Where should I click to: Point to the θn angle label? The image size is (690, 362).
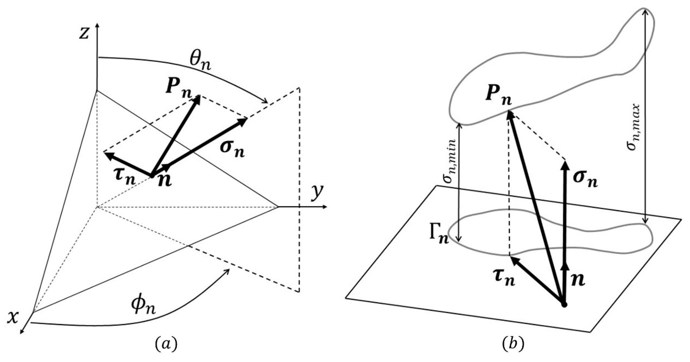(x=200, y=64)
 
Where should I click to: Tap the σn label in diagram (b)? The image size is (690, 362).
(x=585, y=180)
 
